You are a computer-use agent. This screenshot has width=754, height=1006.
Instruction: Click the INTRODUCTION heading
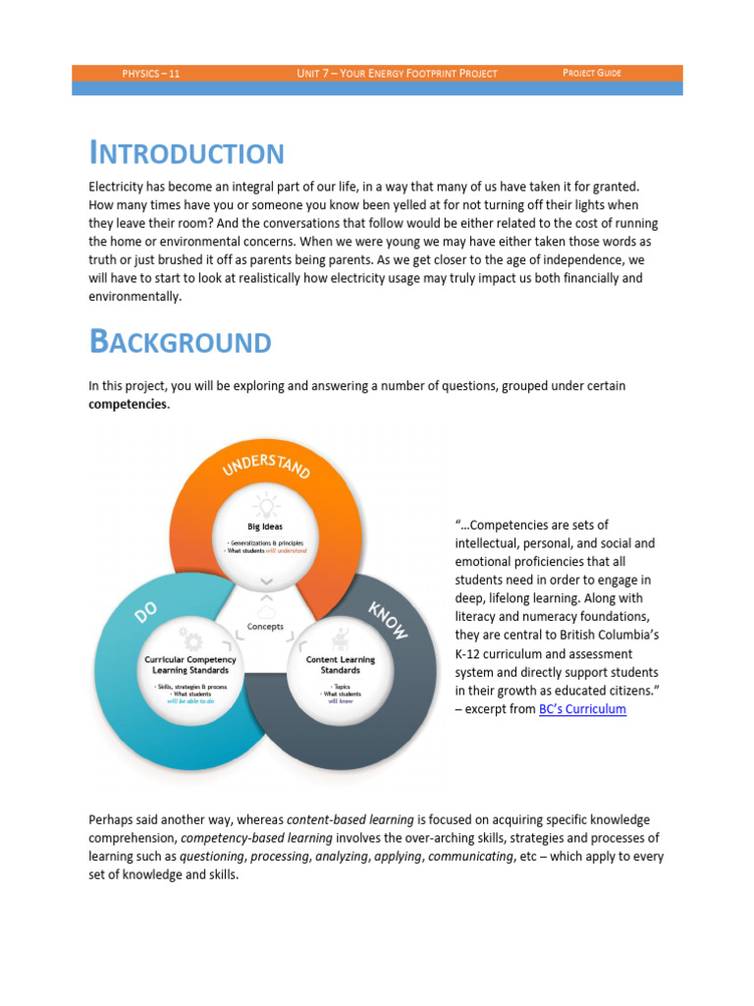click(x=187, y=153)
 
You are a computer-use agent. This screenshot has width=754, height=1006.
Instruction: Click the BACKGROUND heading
click(x=180, y=342)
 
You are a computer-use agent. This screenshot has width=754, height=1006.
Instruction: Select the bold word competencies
click(x=128, y=404)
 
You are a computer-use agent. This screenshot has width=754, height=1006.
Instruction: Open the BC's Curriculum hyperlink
click(x=582, y=708)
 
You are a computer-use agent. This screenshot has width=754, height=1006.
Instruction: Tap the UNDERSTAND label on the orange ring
click(x=266, y=465)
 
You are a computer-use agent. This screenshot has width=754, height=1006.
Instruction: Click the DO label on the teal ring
click(x=146, y=615)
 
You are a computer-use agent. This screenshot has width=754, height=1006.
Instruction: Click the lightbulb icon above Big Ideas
click(x=265, y=505)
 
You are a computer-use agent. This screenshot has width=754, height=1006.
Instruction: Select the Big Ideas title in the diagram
click(x=265, y=527)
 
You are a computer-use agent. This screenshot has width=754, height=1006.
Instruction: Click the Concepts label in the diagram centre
click(x=265, y=627)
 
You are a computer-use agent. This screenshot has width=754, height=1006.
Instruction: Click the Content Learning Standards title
click(x=340, y=665)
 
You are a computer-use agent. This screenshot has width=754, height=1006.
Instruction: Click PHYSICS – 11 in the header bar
click(x=150, y=74)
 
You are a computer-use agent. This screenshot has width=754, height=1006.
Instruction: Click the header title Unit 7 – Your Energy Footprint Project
click(x=397, y=74)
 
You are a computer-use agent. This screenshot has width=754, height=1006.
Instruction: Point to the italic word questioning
click(x=212, y=856)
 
